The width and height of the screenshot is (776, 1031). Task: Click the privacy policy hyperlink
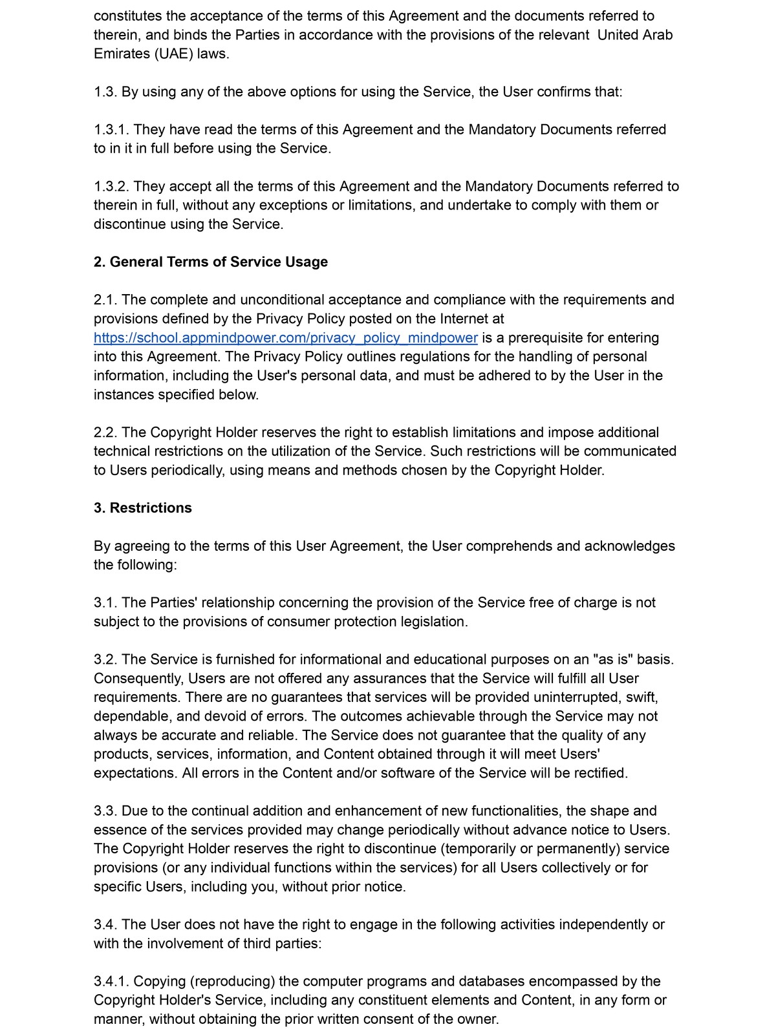click(285, 338)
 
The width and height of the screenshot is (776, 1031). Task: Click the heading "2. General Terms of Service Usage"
click(211, 262)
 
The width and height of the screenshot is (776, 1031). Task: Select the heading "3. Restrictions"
click(143, 508)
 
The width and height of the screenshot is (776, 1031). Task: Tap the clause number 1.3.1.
click(111, 130)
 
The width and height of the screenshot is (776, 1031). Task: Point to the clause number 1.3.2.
click(111, 187)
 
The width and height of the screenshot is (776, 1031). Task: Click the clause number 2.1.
click(105, 300)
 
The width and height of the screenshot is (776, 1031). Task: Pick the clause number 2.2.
click(105, 432)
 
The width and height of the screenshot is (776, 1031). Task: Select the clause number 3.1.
click(105, 603)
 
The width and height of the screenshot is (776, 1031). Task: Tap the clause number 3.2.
click(105, 660)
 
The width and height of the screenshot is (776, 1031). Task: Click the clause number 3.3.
click(105, 811)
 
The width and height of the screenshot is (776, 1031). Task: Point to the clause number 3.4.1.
click(111, 982)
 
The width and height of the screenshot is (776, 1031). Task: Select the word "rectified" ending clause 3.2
click(598, 773)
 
